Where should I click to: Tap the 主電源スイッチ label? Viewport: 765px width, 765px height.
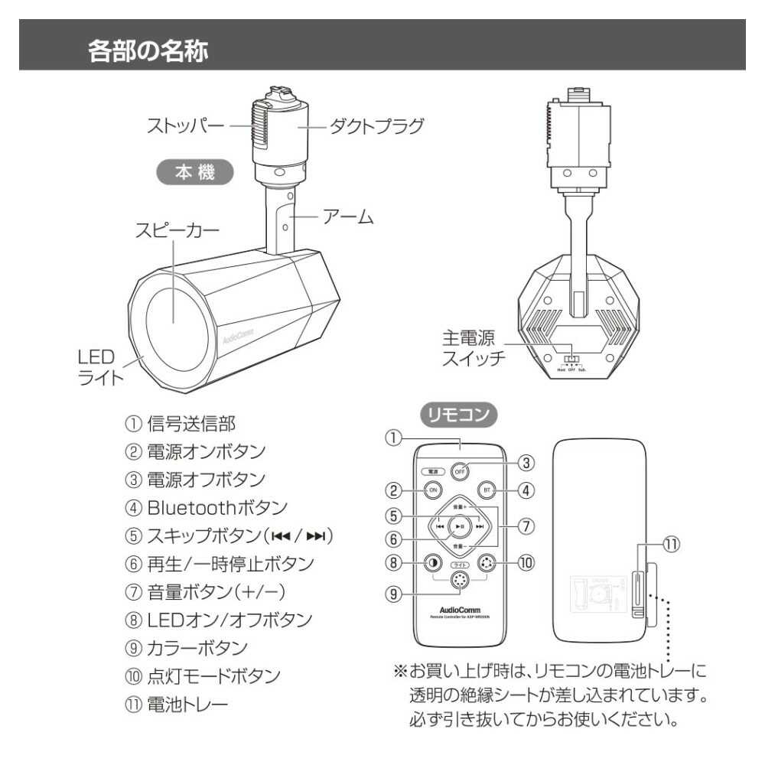(x=474, y=348)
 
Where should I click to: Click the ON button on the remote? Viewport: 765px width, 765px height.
(x=432, y=490)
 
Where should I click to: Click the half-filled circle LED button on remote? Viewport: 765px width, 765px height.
(x=432, y=563)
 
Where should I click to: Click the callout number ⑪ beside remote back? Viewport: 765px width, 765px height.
(x=670, y=544)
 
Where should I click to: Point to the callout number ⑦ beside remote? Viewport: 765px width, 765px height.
(x=526, y=526)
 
